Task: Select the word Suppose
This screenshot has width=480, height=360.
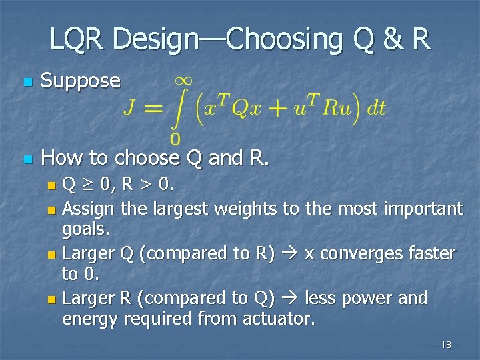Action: click(x=81, y=81)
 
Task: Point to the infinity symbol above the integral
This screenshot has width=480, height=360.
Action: click(x=185, y=80)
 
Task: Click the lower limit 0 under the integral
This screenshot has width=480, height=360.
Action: click(x=175, y=139)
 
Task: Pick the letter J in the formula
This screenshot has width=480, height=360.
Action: click(x=131, y=109)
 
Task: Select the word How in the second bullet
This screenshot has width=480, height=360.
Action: click(x=61, y=158)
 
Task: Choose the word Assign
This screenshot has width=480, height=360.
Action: click(x=89, y=209)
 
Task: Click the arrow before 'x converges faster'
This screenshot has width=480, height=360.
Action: click(x=291, y=254)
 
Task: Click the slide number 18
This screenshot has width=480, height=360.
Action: click(x=446, y=345)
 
